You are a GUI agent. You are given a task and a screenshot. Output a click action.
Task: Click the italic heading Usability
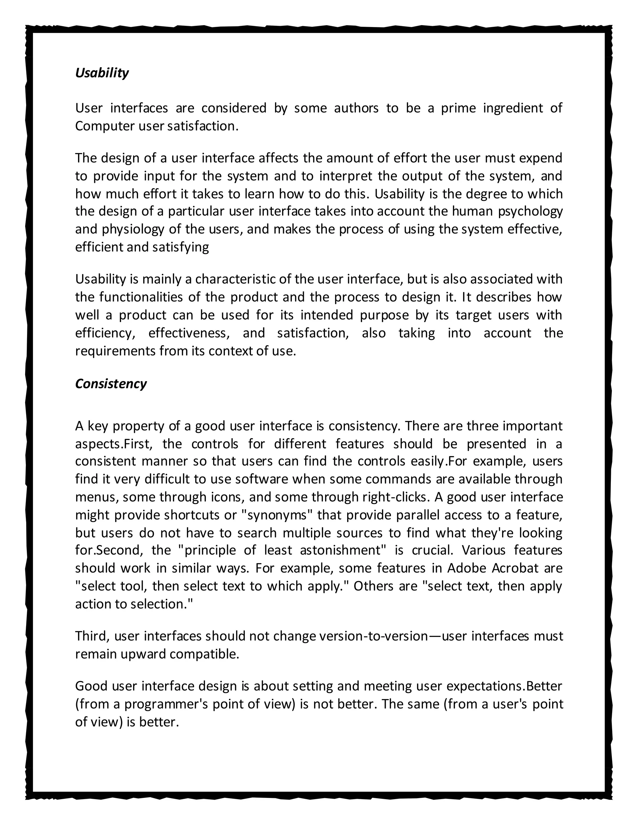tap(102, 73)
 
